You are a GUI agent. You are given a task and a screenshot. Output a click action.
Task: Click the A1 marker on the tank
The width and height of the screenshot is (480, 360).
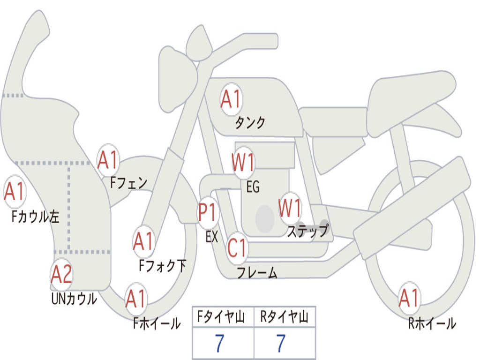click(231, 99)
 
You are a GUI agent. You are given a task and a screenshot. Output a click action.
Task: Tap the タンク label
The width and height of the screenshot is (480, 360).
click(250, 123)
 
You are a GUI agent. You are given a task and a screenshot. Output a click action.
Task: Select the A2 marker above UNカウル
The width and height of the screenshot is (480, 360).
click(61, 274)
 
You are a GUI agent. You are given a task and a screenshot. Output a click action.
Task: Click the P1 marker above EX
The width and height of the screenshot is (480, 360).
click(208, 212)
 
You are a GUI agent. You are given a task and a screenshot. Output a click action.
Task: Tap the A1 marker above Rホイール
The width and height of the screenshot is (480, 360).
click(409, 298)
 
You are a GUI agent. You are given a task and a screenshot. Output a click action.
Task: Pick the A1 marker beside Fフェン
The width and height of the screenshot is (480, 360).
click(108, 160)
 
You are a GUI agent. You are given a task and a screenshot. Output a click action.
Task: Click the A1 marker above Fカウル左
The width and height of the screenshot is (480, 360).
click(15, 191)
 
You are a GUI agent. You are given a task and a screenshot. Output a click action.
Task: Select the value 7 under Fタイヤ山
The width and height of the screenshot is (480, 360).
click(219, 343)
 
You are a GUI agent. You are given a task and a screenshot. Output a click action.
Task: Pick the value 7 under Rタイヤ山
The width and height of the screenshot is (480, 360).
click(281, 343)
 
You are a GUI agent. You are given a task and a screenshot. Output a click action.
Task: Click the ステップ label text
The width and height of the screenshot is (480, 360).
click(307, 231)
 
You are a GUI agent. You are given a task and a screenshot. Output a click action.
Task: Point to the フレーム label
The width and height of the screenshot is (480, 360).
click(257, 272)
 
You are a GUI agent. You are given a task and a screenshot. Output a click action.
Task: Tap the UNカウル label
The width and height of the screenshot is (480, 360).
click(74, 299)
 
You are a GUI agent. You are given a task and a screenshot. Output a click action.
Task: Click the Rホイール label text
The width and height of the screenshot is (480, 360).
click(432, 323)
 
